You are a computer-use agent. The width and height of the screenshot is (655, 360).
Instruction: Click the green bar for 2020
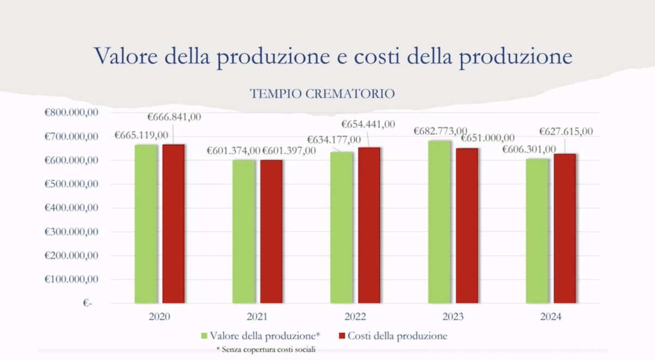pyautogui.click(x=145, y=224)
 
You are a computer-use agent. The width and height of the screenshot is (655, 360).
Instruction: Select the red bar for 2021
pyautogui.click(x=271, y=231)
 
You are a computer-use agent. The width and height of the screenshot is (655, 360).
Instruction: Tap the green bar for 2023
pyautogui.click(x=439, y=221)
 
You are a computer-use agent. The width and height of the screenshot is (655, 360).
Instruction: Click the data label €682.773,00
pyautogui.click(x=440, y=131)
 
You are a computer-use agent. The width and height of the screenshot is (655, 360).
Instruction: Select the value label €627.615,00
pyautogui.click(x=565, y=131)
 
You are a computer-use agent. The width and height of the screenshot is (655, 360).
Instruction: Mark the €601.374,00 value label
pyautogui.click(x=233, y=151)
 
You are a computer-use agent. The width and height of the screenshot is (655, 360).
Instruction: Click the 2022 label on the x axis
pyautogui.click(x=355, y=317)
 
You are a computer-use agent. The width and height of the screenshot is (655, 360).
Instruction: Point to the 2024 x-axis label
pyautogui.click(x=551, y=317)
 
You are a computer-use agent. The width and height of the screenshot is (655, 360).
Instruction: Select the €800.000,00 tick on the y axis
pyautogui.click(x=72, y=112)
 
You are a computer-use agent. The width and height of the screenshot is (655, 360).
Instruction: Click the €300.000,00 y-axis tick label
pyautogui.click(x=72, y=232)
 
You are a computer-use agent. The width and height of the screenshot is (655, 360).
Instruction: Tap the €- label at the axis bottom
pyautogui.click(x=88, y=303)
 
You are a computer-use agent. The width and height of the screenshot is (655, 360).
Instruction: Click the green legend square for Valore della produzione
pyautogui.click(x=205, y=336)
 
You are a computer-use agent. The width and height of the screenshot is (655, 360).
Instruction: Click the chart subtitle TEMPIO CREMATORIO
pyautogui.click(x=322, y=94)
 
